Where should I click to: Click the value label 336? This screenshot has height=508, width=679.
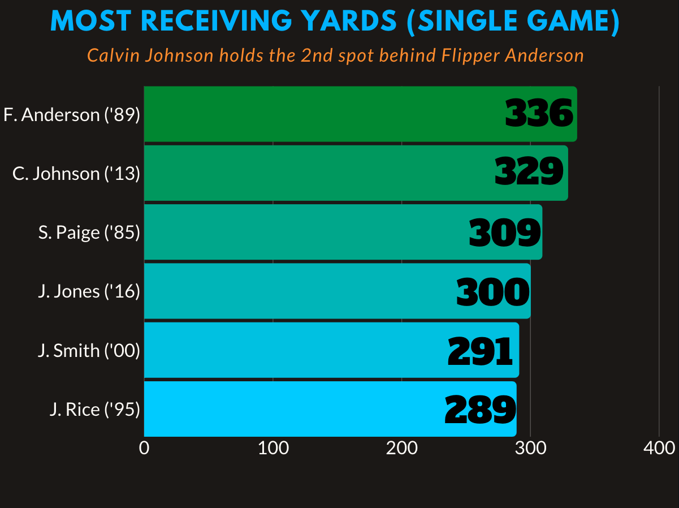click(x=539, y=114)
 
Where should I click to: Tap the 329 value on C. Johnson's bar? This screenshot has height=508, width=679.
click(x=529, y=172)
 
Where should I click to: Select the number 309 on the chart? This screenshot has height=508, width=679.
click(x=504, y=233)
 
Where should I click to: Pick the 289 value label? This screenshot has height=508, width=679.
click(x=479, y=410)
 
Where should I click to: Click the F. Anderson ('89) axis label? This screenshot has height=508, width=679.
click(x=71, y=115)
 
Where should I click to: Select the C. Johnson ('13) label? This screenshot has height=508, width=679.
click(x=76, y=174)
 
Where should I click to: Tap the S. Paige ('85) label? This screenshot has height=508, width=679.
click(x=89, y=233)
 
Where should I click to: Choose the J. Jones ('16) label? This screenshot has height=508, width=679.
click(x=89, y=291)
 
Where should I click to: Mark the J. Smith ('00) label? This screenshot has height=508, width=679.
click(x=89, y=351)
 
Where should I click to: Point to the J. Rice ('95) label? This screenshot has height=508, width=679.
click(x=94, y=410)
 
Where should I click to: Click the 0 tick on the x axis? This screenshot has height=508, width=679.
click(x=144, y=448)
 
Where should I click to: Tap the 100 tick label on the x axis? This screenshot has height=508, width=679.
click(x=273, y=448)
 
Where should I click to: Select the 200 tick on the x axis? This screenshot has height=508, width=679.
click(x=402, y=448)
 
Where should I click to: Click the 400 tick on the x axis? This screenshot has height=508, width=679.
click(x=659, y=448)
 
